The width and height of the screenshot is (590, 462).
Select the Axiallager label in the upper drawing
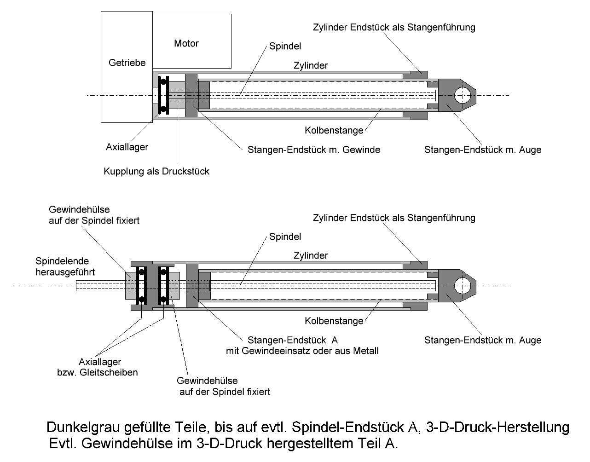(127, 147)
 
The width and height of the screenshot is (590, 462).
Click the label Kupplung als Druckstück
(156, 172)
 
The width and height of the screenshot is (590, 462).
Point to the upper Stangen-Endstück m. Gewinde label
(314, 150)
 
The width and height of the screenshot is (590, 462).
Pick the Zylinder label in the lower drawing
(311, 255)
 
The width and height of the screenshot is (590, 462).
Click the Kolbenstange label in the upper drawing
(334, 131)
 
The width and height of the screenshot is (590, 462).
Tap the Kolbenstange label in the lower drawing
(334, 321)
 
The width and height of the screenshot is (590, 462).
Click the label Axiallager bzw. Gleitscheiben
(100, 367)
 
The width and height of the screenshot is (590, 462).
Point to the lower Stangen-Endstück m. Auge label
(483, 341)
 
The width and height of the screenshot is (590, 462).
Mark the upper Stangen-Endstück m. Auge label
(483, 150)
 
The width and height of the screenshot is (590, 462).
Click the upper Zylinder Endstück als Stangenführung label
(393, 27)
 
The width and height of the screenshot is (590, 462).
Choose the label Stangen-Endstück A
(293, 341)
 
